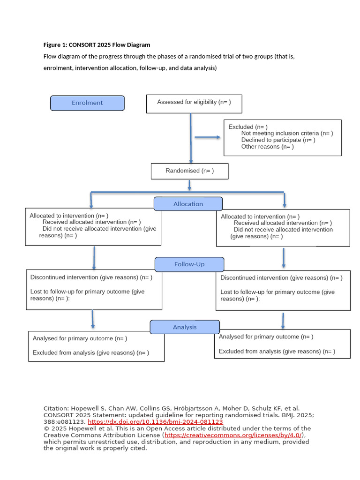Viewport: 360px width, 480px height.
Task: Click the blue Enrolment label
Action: click(87, 103)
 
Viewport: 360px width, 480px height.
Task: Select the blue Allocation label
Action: click(188, 204)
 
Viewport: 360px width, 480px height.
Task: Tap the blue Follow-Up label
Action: click(189, 264)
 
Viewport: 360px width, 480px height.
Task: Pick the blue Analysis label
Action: click(185, 327)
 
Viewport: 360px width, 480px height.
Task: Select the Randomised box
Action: click(189, 171)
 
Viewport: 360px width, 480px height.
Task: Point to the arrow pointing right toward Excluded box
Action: click(208, 137)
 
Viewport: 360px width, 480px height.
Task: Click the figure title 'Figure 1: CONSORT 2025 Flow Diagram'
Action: click(97, 45)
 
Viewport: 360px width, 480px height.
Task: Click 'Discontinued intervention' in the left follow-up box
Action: click(64, 277)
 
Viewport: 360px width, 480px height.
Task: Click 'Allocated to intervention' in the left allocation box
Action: click(62, 216)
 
